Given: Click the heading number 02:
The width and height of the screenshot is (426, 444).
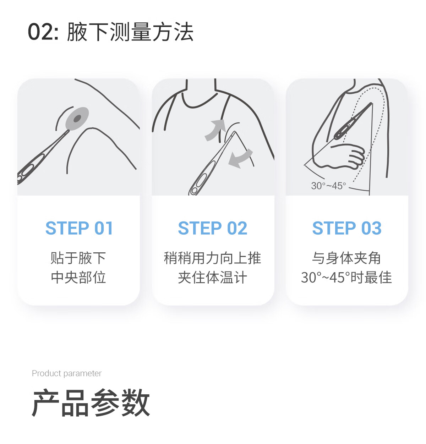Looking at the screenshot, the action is pos(43,32).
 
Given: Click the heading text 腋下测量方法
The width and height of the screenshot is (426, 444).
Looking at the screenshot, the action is pos(130,32).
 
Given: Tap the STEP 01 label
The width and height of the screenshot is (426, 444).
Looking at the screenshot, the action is pos(79,228).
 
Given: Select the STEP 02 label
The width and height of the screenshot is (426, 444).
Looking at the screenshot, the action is pos(212,228).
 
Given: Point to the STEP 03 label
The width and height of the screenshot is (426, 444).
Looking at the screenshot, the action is pos(346,228).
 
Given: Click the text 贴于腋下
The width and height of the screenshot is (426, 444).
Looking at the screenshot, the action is pos(78,258).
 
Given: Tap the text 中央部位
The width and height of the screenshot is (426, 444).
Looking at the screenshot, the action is pos(78,278).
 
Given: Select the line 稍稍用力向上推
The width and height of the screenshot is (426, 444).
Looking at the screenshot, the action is pos(212,258).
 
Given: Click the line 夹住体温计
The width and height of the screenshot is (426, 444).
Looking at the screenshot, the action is pos(212,278).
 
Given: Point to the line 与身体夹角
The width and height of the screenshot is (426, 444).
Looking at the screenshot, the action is pos(346,258).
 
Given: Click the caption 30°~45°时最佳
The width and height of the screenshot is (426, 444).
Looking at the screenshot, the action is pos(346,278).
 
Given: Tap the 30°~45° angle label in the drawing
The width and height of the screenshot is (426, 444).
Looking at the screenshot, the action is pos(328,186).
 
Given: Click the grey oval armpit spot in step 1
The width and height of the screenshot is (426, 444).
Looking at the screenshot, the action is pos(77,119).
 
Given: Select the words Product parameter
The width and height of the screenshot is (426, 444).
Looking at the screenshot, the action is pos(67,373).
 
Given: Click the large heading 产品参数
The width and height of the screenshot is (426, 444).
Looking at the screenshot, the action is pos(91,403).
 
